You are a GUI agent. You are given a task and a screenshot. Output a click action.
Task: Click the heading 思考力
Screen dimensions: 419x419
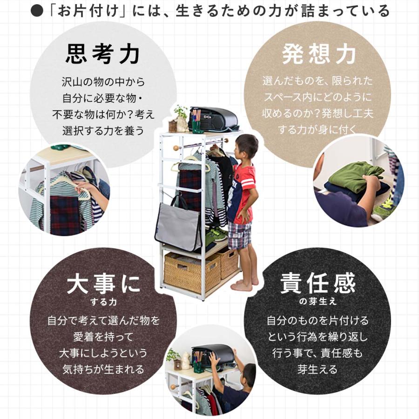click(103, 54)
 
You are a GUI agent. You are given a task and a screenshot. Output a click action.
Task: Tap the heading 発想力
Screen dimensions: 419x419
click(319, 54)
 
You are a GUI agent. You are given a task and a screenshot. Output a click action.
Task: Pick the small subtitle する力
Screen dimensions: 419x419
click(103, 302)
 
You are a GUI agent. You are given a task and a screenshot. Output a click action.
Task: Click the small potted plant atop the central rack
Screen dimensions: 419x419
click(180, 118)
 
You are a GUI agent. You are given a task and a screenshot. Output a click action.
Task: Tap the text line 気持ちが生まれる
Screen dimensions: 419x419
click(103, 369)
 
